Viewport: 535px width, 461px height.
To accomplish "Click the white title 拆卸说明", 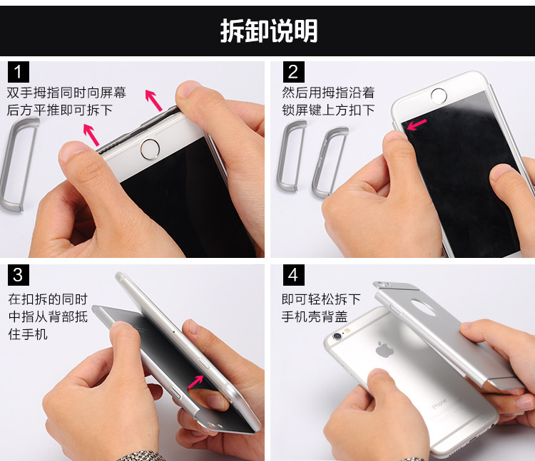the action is click(269, 31).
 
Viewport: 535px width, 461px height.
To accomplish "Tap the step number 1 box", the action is click(18, 72).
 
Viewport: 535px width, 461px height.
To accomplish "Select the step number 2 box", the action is click(293, 72).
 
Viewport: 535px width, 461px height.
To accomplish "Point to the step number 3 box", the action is click(19, 275).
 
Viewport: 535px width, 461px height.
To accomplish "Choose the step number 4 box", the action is click(293, 275).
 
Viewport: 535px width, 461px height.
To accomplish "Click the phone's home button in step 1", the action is click(150, 149).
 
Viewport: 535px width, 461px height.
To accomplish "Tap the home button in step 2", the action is click(439, 95).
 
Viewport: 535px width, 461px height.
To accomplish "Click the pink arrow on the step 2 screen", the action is click(417, 125).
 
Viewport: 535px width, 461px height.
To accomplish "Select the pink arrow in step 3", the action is click(196, 382).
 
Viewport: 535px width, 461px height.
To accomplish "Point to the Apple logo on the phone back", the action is click(384, 349).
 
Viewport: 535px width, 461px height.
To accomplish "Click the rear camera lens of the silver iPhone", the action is click(337, 336).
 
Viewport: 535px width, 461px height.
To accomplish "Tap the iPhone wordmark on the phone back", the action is click(439, 404).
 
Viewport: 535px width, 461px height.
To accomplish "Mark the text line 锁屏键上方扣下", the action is click(328, 110).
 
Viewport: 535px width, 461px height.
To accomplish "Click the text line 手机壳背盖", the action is click(315, 316).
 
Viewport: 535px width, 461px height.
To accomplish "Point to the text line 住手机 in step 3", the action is click(28, 334).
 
